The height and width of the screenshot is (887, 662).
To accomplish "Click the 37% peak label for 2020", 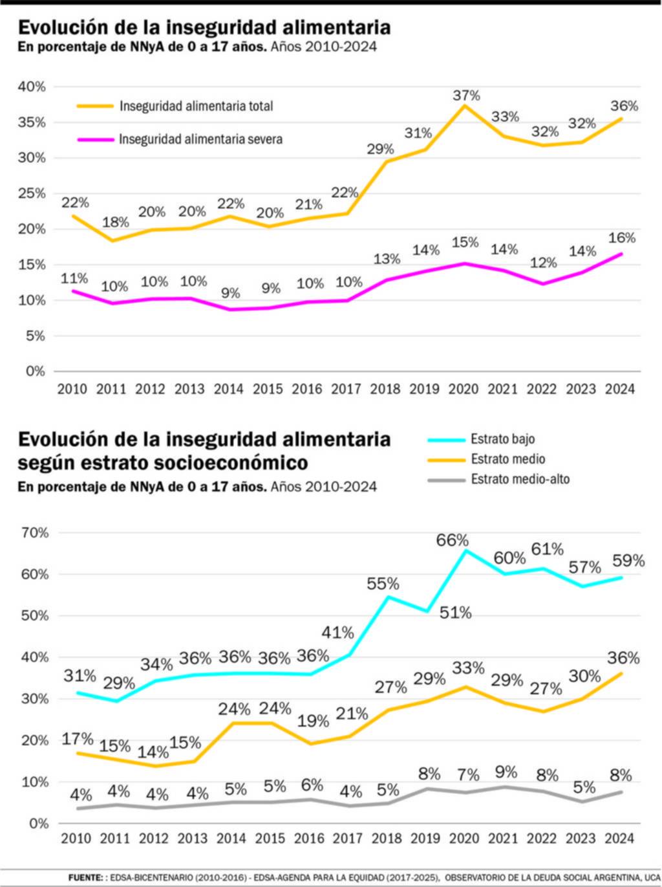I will (x=466, y=96).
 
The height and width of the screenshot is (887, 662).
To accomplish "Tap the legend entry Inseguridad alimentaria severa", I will (x=200, y=139).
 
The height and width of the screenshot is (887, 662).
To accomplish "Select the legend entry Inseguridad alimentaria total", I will (x=196, y=106).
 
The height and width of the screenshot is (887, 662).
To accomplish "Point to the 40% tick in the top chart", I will (x=32, y=87).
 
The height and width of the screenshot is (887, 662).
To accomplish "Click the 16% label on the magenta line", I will (x=622, y=238).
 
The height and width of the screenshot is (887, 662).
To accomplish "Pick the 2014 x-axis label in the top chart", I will (x=229, y=389).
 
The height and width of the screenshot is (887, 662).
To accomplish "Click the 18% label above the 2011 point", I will (x=116, y=222).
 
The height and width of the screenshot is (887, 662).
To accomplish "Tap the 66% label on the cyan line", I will (x=452, y=540).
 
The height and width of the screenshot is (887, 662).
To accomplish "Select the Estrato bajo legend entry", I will (x=502, y=439).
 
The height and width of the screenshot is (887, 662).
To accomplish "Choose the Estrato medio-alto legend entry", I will (x=520, y=479).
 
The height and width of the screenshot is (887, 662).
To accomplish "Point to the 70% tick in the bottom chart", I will (x=35, y=532).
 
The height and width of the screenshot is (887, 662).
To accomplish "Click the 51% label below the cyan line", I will (x=456, y=612).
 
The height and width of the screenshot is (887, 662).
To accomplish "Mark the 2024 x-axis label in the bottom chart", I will (x=619, y=838).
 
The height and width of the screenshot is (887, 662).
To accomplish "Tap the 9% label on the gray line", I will (x=506, y=772).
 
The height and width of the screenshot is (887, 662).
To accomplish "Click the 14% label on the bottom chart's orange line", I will (x=153, y=752).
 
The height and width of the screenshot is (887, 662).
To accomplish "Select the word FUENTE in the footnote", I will (x=85, y=877).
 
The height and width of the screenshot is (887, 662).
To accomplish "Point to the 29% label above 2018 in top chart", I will (x=380, y=149).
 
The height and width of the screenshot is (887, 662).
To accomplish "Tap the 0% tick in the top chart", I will (x=35, y=371).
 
